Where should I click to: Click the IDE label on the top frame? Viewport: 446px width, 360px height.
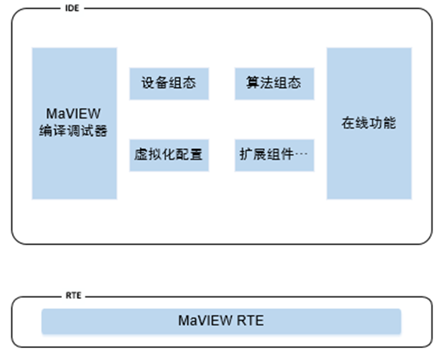72,8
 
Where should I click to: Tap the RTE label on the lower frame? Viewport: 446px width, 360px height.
73,296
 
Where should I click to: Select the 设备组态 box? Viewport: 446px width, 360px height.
169,84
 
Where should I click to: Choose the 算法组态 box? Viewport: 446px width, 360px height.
275,84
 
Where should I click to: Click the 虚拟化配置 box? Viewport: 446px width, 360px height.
169,155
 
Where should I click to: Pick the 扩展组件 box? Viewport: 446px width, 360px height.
275,155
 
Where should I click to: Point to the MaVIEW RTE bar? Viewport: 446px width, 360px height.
221,321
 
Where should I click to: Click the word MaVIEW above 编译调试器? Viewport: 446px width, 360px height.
73,114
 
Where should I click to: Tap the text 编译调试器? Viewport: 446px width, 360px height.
73,131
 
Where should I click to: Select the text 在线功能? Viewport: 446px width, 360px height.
369,123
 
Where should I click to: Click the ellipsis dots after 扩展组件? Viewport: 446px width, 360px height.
302,154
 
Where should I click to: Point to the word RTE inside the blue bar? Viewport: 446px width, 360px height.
250,321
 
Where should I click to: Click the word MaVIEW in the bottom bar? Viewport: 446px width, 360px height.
204,321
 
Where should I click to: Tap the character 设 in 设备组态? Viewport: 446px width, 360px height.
148,83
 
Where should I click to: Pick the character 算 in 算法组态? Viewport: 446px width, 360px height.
254,83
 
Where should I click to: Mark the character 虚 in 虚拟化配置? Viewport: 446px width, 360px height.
141,155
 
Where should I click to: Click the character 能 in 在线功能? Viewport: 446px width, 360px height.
390,123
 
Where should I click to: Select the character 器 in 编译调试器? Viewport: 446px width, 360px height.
101,131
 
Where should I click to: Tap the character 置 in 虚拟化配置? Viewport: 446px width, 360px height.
196,155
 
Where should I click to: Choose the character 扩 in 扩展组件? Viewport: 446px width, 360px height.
246,155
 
